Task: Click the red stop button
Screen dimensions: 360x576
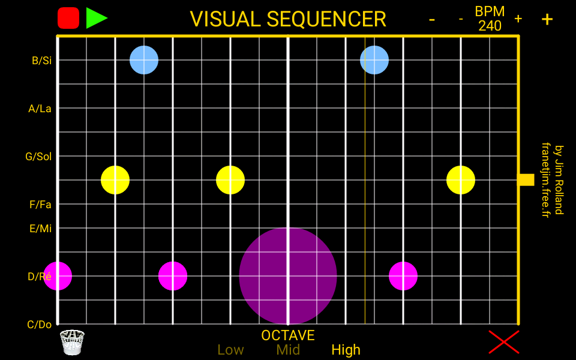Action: click(68, 18)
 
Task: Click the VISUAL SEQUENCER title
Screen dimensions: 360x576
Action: click(288, 19)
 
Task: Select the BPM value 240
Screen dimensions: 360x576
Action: click(490, 26)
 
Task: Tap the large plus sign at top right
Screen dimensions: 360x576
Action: click(547, 19)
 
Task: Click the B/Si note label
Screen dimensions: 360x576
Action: click(41, 61)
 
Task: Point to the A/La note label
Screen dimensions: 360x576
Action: click(40, 109)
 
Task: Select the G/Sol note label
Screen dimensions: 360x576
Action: click(38, 157)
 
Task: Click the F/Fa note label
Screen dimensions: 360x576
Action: click(40, 205)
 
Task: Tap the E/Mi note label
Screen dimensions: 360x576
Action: click(40, 229)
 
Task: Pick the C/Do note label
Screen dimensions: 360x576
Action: click(40, 325)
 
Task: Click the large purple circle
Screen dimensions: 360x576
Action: click(288, 276)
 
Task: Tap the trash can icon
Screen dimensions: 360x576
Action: click(72, 342)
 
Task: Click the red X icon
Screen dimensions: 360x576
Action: click(503, 342)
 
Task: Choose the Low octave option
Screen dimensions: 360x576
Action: click(230, 350)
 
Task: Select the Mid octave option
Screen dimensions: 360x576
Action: click(288, 350)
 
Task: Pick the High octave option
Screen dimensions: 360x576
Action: click(346, 350)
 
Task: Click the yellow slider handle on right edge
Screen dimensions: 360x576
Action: click(526, 179)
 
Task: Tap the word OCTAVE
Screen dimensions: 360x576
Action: click(288, 335)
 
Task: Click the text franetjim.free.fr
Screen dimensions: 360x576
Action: click(545, 180)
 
